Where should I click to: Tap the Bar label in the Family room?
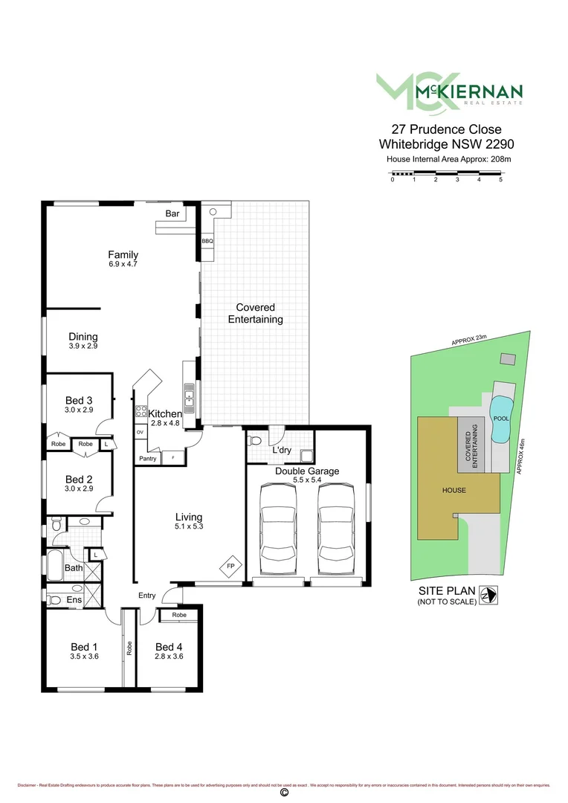pos(172,213)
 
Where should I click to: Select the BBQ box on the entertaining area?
pos(207,242)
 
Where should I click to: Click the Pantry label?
pos(147,459)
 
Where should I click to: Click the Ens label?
pos(74,599)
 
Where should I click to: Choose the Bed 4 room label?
pos(169,646)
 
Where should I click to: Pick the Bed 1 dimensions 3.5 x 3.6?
pos(84,657)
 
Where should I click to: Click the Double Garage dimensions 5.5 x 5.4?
pos(306,481)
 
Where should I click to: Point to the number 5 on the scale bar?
pos(501,179)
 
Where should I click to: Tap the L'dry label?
pos(281,451)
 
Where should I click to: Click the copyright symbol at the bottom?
pos(283,793)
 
